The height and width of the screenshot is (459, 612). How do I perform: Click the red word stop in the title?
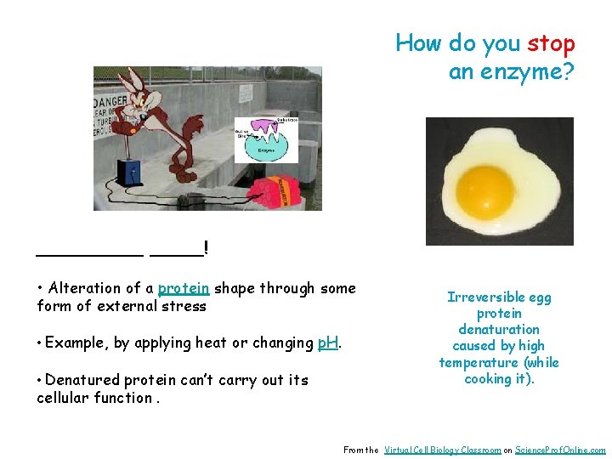(x=551, y=43)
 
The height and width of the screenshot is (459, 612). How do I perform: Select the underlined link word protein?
(x=184, y=288)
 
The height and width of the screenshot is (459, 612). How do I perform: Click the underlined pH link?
(x=328, y=343)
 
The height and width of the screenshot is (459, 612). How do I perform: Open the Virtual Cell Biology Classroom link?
(x=442, y=450)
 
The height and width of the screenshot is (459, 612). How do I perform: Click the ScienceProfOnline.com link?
(x=560, y=450)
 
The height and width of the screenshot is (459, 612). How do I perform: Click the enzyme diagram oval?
(x=267, y=141)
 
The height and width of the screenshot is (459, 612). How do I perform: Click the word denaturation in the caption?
(x=499, y=329)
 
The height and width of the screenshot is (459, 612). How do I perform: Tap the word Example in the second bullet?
(x=76, y=343)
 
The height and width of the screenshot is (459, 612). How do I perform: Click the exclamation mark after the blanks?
(x=206, y=248)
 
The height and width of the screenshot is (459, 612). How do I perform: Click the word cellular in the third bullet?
(x=63, y=397)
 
